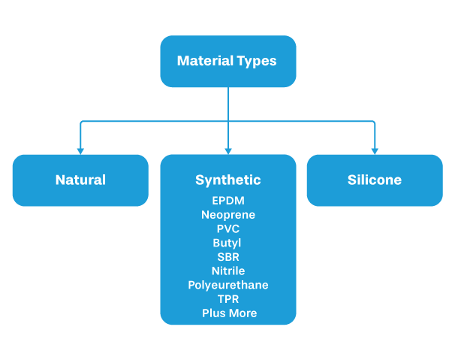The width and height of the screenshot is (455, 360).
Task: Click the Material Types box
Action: [x=227, y=61]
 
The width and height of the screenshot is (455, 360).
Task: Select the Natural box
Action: [x=80, y=180]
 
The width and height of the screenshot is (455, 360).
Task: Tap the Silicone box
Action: [x=374, y=180]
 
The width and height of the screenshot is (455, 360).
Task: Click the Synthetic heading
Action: [x=227, y=180]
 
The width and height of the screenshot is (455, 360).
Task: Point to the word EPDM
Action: [x=227, y=201]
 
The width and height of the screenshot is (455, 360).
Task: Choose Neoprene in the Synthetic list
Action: [x=227, y=215]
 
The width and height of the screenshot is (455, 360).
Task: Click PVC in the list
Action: [x=227, y=229]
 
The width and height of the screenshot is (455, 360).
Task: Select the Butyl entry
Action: [x=227, y=243]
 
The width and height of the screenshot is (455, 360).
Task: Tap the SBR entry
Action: [x=227, y=257]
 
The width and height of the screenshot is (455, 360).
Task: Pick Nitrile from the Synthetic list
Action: [x=227, y=271]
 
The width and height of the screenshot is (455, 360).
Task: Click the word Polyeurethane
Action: [x=227, y=285]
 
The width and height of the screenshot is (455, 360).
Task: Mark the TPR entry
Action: [x=227, y=299]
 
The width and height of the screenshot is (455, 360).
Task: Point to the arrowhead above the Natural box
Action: [x=80, y=150]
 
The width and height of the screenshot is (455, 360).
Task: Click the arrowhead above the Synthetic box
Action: [x=227, y=150]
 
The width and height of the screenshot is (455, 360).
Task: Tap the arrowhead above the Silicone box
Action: [x=374, y=150]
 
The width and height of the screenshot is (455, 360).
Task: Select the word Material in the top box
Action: [x=203, y=61]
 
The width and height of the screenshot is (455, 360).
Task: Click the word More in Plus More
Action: [x=243, y=313]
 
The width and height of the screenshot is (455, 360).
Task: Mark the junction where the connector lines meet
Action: [x=227, y=120]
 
